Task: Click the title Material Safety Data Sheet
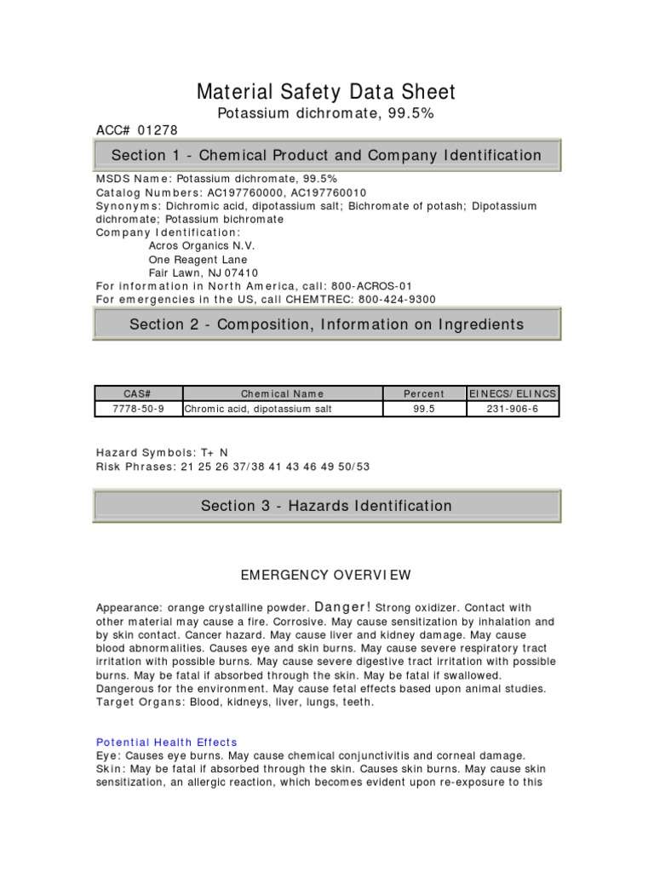pos(326,92)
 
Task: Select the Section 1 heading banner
pos(326,155)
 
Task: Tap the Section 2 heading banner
pos(326,324)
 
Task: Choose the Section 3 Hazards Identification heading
pos(326,506)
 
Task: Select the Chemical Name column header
pos(282,393)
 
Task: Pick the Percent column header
pos(423,393)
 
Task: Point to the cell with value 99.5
pos(423,409)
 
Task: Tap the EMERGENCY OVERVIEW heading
pos(326,576)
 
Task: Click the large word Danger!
pos(343,607)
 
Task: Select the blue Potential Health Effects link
pos(166,743)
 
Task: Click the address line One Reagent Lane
pos(198,260)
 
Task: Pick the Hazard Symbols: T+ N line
pos(162,452)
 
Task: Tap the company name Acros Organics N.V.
pos(202,246)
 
